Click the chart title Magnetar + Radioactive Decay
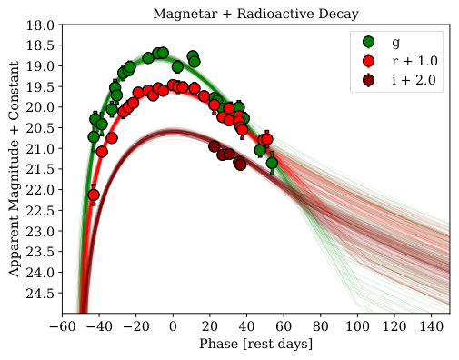point(255,10)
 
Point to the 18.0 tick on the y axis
point(41,25)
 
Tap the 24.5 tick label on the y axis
point(41,293)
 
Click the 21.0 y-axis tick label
point(41,148)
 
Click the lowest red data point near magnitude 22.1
point(94,195)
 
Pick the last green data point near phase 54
point(272,163)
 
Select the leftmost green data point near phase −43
point(94,136)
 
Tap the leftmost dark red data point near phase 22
point(214,146)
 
